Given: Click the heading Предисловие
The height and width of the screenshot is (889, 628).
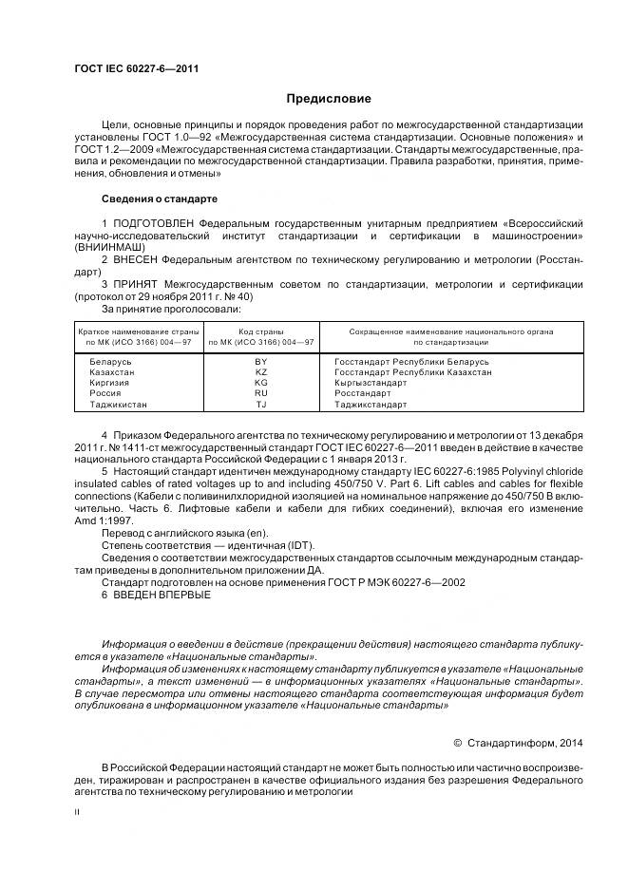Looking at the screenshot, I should [x=330, y=99].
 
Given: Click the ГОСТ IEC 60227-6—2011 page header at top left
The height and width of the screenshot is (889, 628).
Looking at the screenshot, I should [x=136, y=68].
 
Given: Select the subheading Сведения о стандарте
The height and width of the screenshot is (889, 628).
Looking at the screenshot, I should [x=159, y=199].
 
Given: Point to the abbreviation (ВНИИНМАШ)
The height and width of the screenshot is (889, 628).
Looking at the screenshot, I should [x=105, y=246].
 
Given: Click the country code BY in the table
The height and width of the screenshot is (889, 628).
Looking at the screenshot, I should [x=261, y=363].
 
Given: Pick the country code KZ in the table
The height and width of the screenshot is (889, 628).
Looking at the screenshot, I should [x=261, y=373].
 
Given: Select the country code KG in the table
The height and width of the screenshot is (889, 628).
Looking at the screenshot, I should [x=261, y=384].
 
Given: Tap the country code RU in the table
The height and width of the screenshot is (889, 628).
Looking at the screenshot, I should [x=261, y=393].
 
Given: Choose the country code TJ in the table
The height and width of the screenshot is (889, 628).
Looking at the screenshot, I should [x=261, y=404].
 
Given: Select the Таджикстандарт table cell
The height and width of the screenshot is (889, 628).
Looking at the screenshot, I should [x=371, y=404].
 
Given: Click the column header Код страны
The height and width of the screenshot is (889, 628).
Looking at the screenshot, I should [x=261, y=331].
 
